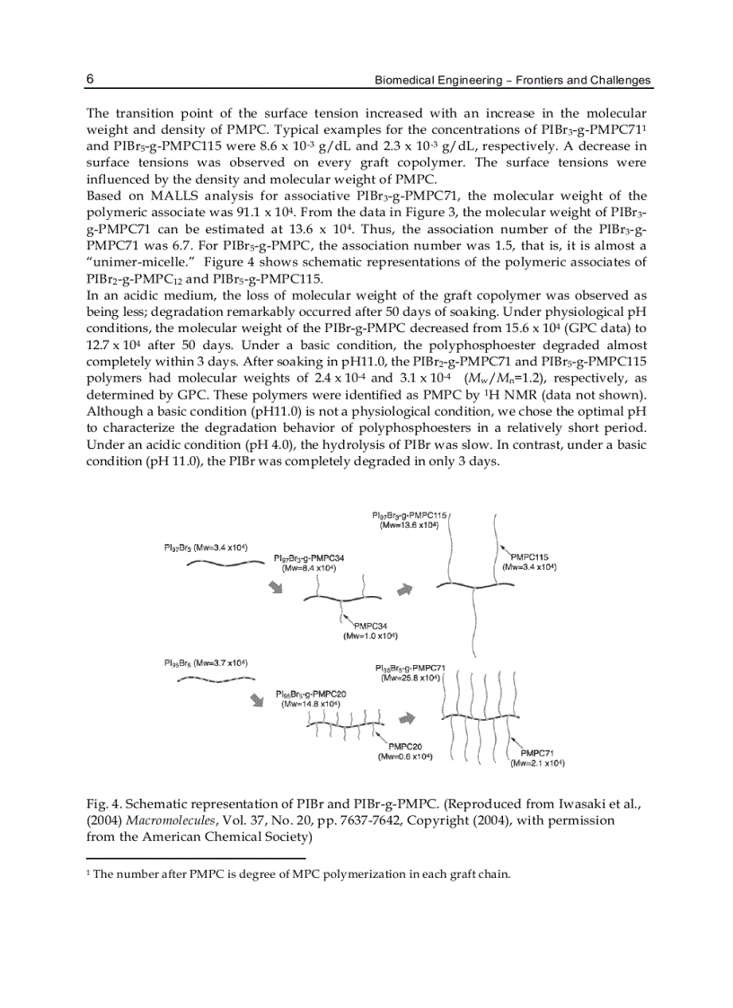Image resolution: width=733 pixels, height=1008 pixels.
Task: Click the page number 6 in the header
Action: [91, 79]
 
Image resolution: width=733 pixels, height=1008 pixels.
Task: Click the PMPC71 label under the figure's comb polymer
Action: [537, 753]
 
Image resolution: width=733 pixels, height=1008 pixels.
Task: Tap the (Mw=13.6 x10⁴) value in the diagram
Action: [409, 524]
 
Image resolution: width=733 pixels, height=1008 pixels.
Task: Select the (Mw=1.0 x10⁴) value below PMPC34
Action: [373, 635]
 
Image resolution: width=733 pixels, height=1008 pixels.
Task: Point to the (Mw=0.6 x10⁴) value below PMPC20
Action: [405, 757]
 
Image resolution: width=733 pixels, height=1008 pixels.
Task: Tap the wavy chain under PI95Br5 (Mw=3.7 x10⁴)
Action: [216, 679]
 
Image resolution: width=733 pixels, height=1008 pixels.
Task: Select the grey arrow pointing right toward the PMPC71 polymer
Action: [407, 719]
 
